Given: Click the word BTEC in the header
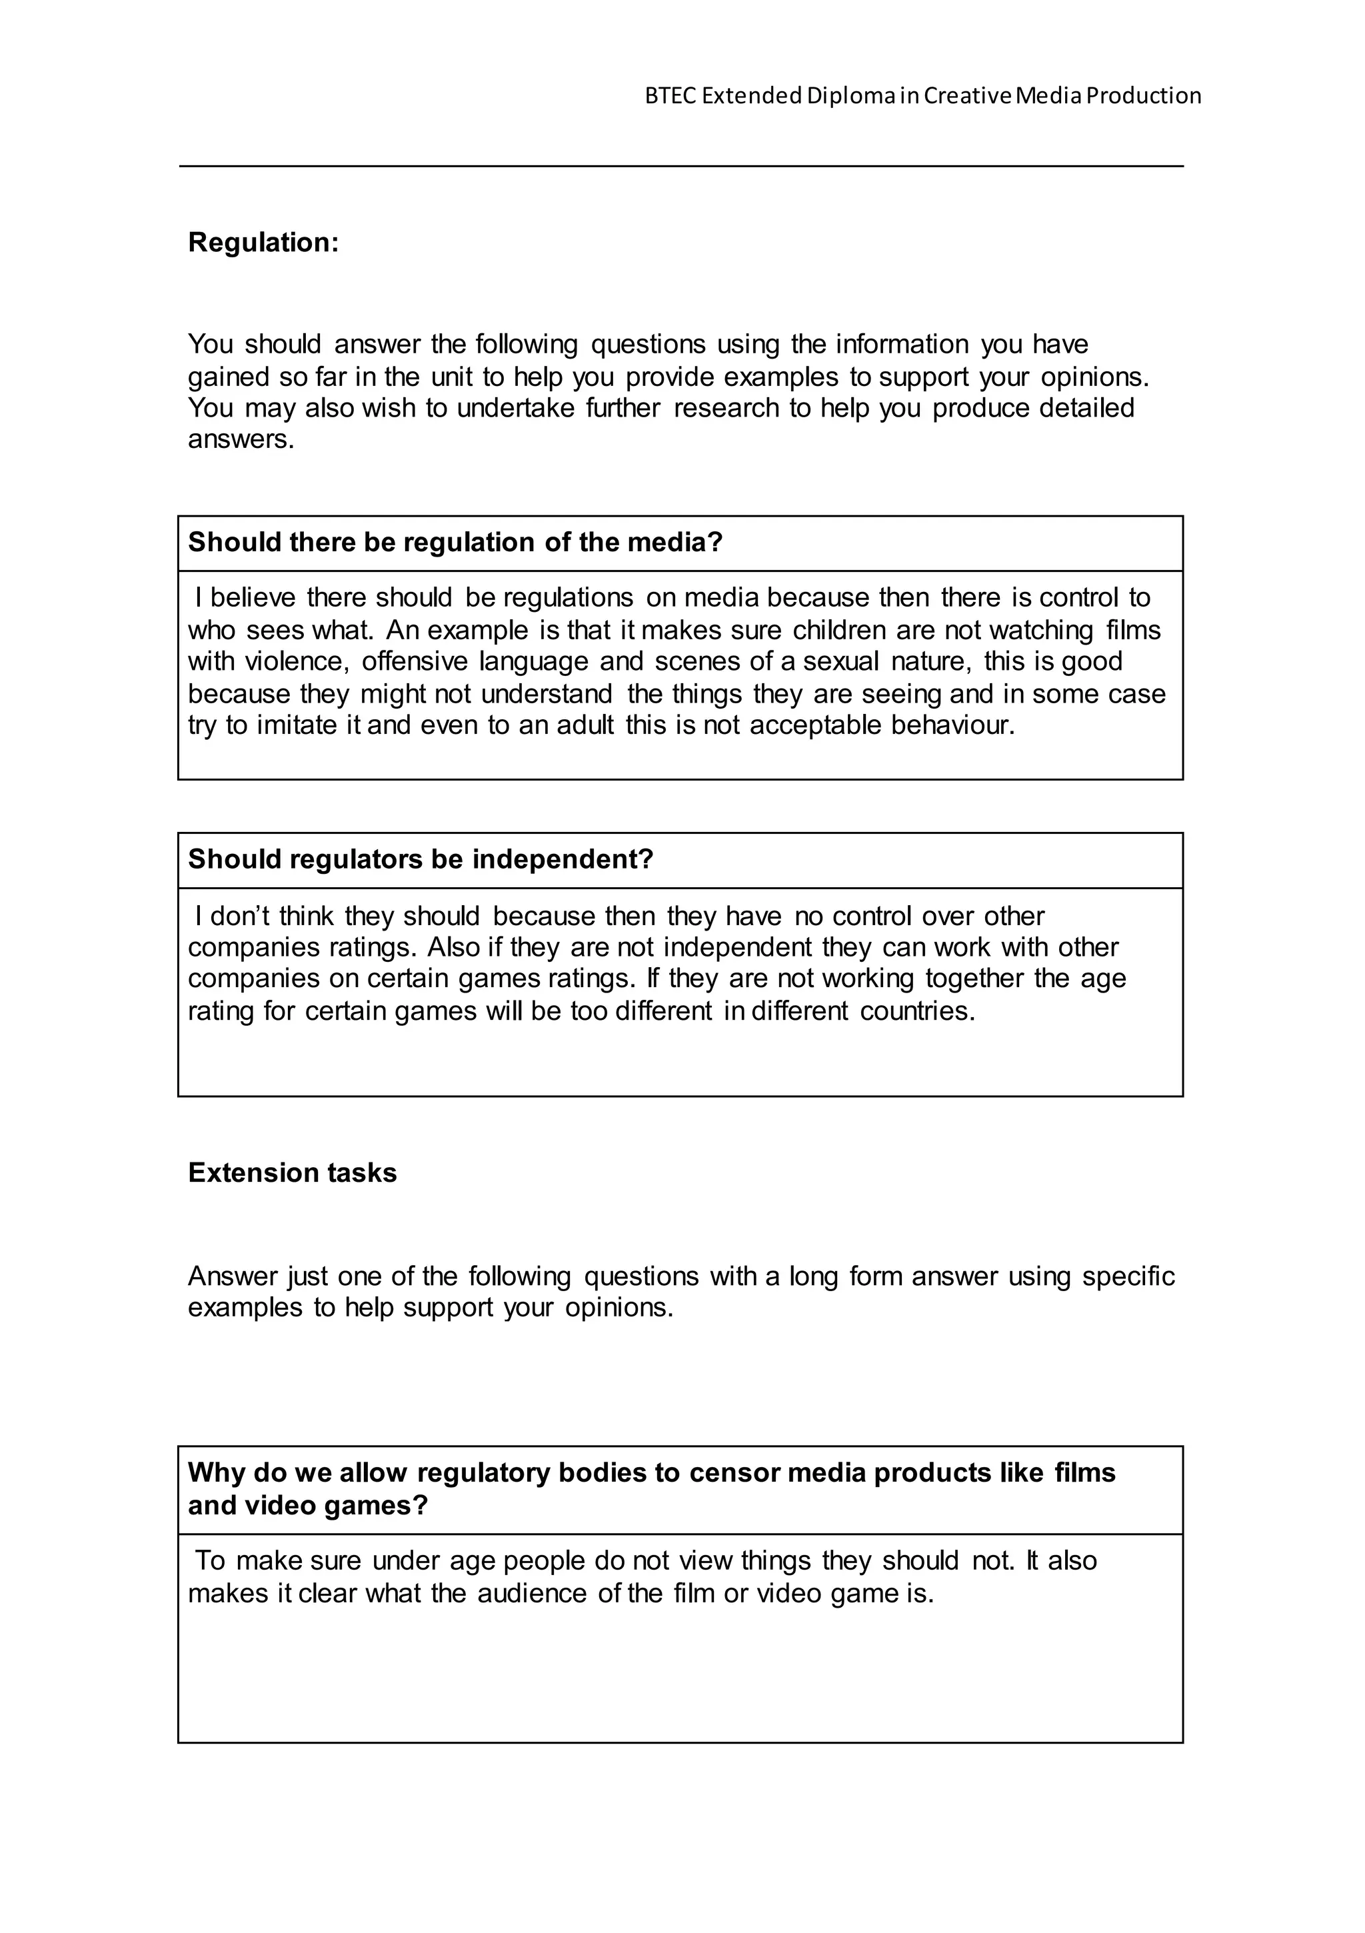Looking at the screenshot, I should click(x=671, y=96).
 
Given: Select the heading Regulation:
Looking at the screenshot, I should click(x=263, y=243).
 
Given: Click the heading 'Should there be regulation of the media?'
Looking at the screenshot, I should click(x=455, y=542).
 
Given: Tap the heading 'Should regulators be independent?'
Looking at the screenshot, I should click(x=420, y=860).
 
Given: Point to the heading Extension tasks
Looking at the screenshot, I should click(x=292, y=1172).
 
